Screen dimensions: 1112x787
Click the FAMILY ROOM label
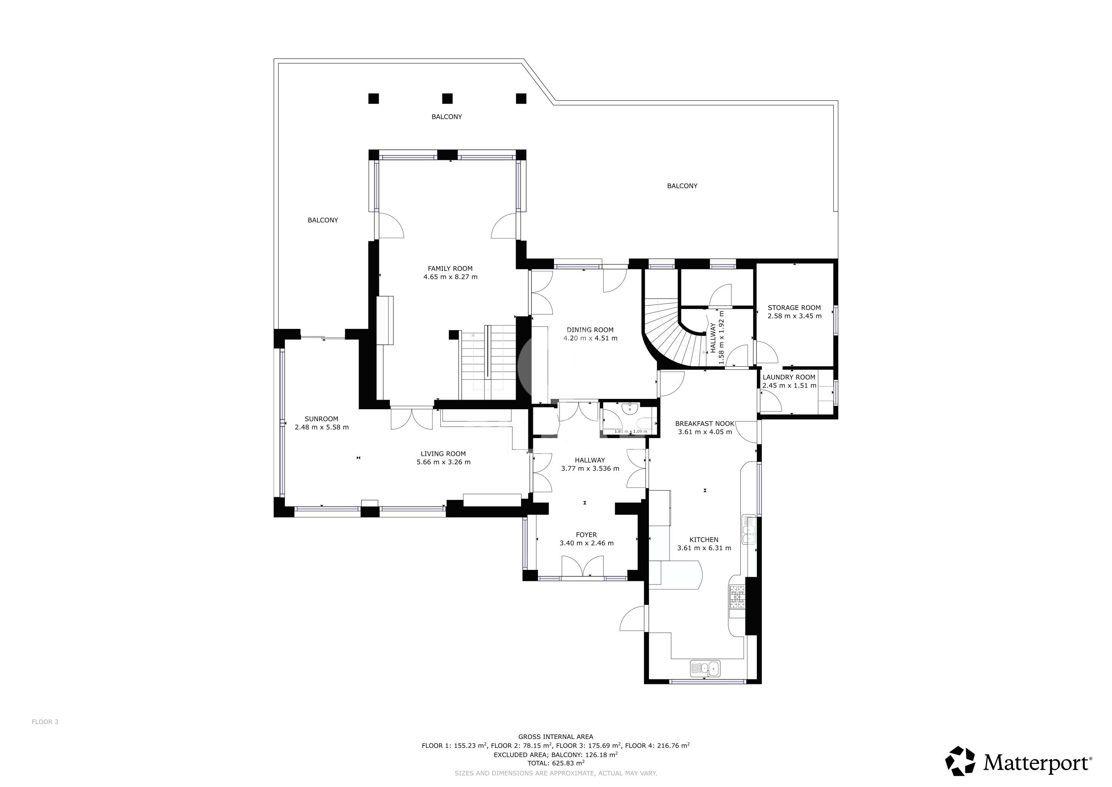tap(450, 269)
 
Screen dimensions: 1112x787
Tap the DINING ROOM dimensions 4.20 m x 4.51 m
tap(591, 338)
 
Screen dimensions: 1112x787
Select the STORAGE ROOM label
tap(794, 308)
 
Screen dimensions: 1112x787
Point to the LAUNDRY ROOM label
tap(789, 377)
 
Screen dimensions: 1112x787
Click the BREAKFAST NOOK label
tap(705, 423)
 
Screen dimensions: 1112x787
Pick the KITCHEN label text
tap(704, 540)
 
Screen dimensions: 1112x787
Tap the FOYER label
tap(586, 535)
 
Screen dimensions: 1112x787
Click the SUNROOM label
tap(322, 419)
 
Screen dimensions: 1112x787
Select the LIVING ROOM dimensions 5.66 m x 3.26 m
tap(443, 462)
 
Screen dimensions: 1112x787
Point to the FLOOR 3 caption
tap(45, 722)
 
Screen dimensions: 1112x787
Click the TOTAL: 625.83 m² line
tap(556, 763)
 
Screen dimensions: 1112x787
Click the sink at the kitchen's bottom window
tap(705, 669)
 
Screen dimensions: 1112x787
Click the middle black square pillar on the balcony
tap(447, 98)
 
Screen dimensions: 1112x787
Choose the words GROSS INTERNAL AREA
tap(556, 737)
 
